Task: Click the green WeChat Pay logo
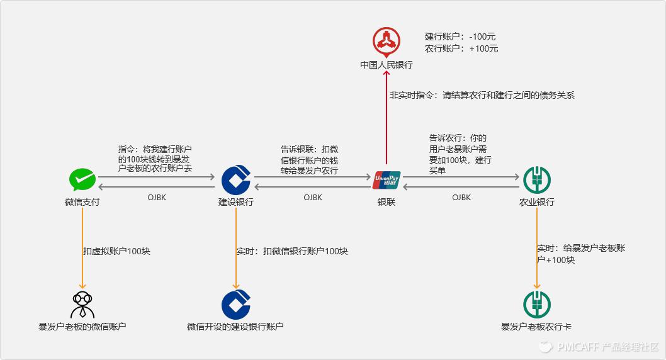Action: coord(82,180)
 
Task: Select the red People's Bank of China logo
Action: coord(386,42)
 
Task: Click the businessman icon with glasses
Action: coord(82,305)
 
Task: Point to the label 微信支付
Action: coord(82,202)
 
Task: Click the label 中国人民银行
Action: coord(386,65)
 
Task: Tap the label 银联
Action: coord(387,202)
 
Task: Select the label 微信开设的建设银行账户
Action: coord(235,327)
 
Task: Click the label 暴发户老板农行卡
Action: coord(536,327)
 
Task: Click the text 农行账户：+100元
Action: coord(461,48)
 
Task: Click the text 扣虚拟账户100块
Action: coord(116,251)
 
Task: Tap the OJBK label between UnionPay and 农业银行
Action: coord(461,197)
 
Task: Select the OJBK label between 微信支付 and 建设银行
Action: coord(157,197)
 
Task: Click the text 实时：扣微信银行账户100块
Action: coord(291,251)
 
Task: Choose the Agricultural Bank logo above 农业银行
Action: coord(537,180)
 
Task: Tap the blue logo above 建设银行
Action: coord(236,180)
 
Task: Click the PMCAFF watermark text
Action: coord(607,347)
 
